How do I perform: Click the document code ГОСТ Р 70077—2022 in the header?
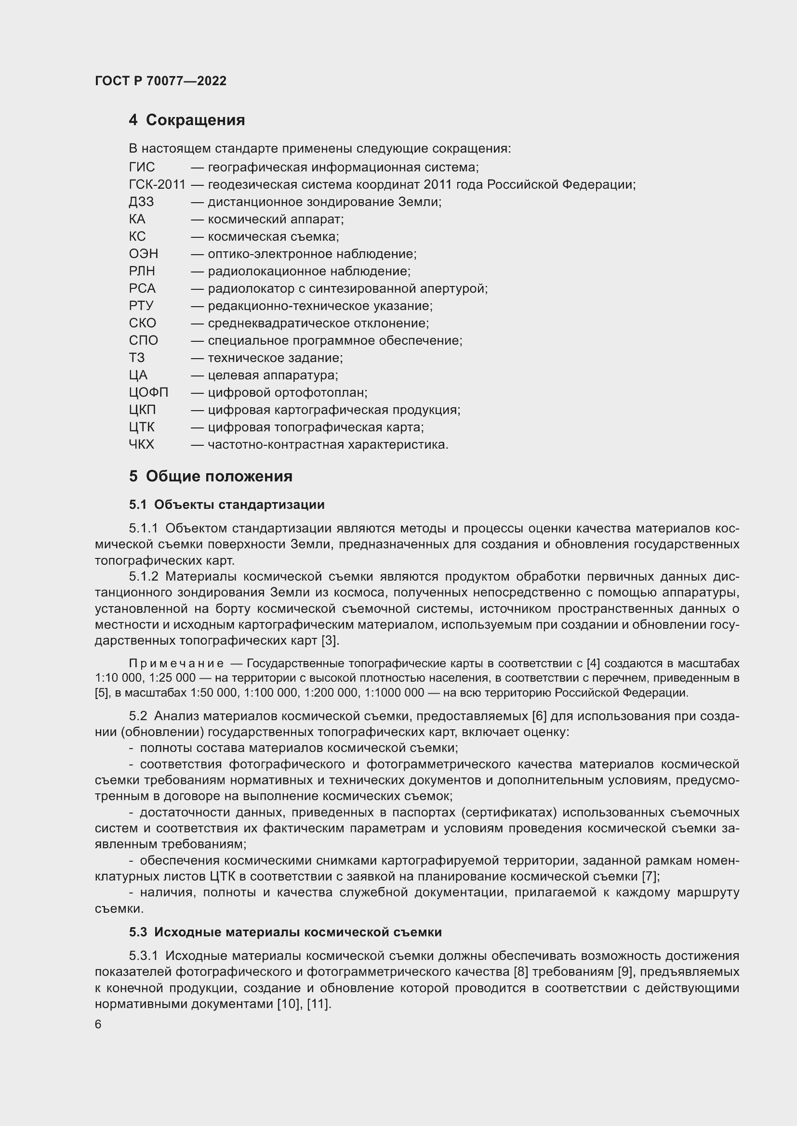(160, 81)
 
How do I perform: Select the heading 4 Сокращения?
(186, 120)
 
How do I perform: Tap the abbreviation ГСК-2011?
(157, 185)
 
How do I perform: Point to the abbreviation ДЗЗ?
(141, 202)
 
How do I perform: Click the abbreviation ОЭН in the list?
(143, 254)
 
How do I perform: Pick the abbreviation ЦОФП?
(148, 392)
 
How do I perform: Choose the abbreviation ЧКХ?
(141, 444)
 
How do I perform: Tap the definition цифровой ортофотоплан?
(287, 392)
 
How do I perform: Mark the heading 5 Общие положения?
(211, 476)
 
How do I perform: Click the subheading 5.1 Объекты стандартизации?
(226, 505)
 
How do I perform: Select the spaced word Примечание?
(176, 663)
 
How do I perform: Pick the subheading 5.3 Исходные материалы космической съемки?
(285, 932)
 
